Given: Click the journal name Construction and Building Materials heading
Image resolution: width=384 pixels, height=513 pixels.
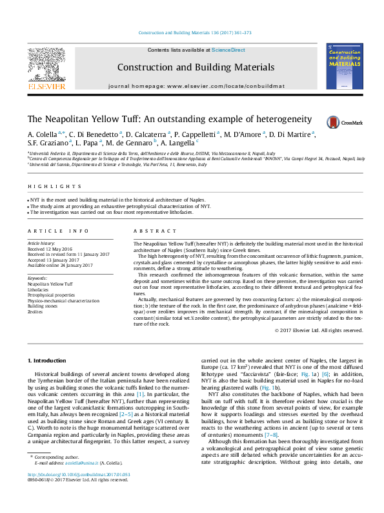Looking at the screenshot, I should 196,67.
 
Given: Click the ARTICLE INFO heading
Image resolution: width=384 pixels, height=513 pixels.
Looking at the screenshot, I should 57,231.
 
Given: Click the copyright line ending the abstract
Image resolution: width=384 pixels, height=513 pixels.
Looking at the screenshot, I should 319,330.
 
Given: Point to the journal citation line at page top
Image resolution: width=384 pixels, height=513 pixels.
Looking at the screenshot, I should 192,33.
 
